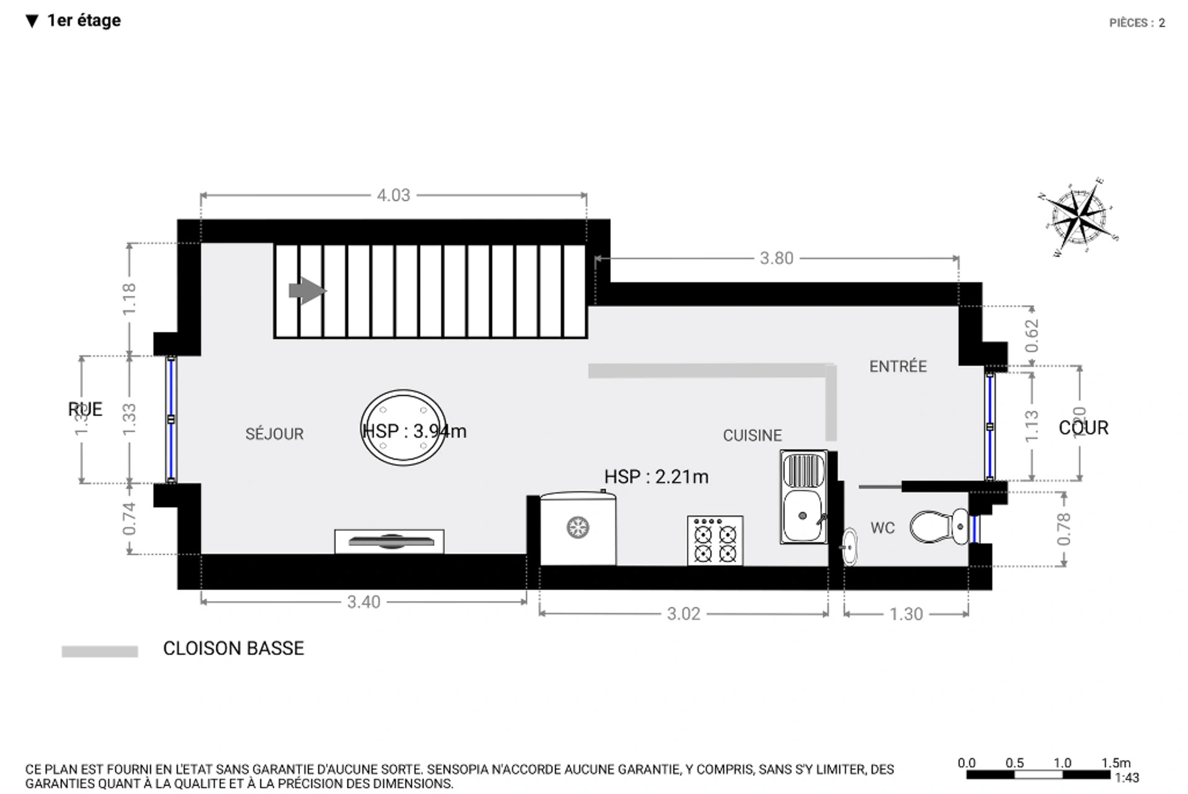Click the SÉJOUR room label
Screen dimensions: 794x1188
(x=274, y=434)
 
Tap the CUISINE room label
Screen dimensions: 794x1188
(x=752, y=435)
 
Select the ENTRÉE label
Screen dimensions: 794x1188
(x=897, y=366)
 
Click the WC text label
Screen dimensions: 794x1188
(x=882, y=528)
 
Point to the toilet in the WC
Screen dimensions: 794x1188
(x=937, y=527)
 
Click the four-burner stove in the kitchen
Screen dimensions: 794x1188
(x=715, y=540)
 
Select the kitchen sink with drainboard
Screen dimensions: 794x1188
(x=803, y=497)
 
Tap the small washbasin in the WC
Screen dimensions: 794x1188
(x=850, y=546)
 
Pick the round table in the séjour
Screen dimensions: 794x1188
(x=403, y=428)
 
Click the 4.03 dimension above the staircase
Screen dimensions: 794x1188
(x=394, y=196)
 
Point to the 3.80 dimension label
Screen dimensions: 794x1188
(x=776, y=258)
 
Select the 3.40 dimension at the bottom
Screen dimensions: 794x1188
(x=363, y=602)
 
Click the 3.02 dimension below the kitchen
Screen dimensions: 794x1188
(x=683, y=614)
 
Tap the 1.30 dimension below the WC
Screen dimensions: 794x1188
(x=906, y=614)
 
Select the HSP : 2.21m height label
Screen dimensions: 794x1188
(x=656, y=477)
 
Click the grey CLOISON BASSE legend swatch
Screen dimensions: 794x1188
(x=100, y=651)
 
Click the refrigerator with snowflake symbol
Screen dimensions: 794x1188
(x=577, y=529)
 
